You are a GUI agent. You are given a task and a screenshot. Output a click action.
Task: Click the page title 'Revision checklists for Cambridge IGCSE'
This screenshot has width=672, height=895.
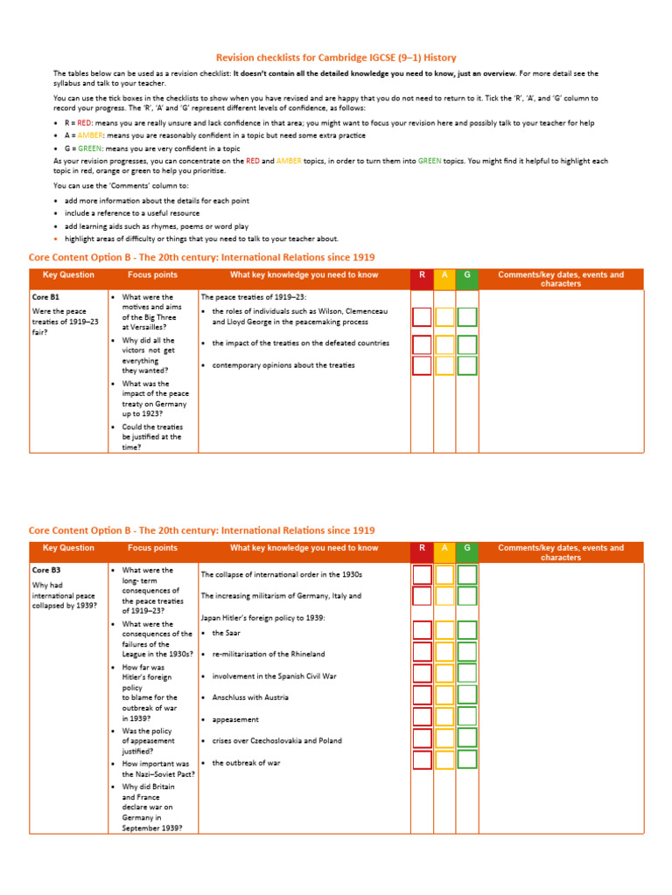(x=336, y=58)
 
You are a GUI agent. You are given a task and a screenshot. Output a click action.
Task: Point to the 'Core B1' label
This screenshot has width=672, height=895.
(x=45, y=297)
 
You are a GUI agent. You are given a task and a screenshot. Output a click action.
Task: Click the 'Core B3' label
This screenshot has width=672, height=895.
(x=45, y=570)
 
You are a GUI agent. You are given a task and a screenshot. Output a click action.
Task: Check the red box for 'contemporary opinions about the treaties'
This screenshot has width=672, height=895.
(x=422, y=365)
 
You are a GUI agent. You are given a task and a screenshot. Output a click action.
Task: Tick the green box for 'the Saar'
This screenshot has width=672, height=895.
(x=467, y=631)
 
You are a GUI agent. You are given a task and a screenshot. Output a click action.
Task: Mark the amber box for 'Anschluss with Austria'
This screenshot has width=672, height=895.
(x=444, y=696)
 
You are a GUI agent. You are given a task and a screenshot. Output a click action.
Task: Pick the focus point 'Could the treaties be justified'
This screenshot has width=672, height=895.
(x=151, y=436)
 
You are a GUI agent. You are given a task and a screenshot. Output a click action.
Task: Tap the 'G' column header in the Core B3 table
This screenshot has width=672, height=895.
(x=467, y=548)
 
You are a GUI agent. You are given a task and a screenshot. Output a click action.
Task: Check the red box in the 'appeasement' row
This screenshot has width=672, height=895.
(x=422, y=718)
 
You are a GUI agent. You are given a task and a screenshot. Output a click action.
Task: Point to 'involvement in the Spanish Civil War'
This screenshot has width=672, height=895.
(x=274, y=676)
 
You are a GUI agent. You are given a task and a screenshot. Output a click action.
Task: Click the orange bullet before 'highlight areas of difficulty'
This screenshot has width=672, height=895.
(x=57, y=239)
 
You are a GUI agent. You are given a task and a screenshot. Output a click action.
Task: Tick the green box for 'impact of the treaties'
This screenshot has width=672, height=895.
(x=467, y=343)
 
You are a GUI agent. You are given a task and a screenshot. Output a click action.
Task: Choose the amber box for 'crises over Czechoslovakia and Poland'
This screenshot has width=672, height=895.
(x=444, y=739)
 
